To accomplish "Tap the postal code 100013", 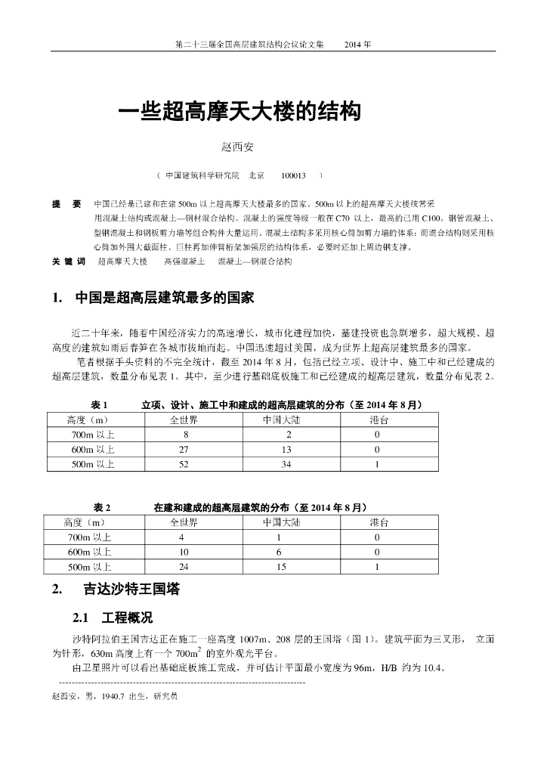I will pos(293,175).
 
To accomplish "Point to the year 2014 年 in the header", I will pos(357,44).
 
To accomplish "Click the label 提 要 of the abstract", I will pos(66,205).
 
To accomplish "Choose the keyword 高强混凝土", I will pos(184,261).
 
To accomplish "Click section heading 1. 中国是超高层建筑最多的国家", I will pos(153,298).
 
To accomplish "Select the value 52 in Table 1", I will pos(184,465).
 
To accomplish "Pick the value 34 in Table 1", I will pos(281,465).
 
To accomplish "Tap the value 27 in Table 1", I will pos(184,450).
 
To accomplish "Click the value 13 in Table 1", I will pos(281,450).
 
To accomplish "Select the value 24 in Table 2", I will pos(184,567).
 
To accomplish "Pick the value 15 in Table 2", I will pos(281,567).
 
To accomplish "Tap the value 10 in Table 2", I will pos(184,552).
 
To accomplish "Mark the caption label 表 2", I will pos(102,507).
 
